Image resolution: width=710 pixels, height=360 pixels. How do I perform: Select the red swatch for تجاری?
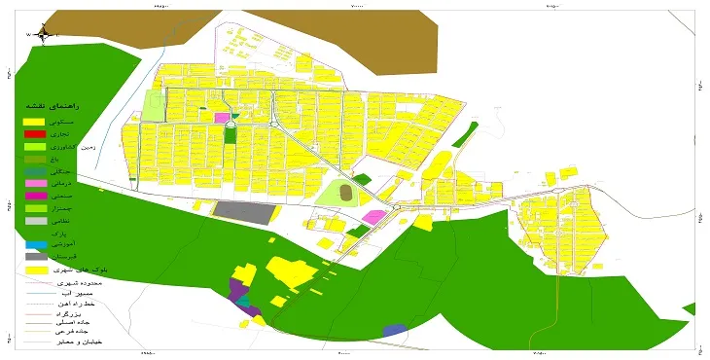(35, 133)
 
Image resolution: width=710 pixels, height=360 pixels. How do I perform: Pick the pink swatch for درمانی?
(35, 183)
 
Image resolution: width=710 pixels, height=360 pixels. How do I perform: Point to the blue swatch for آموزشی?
(35, 244)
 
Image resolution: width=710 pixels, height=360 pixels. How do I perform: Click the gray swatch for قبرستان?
(35, 256)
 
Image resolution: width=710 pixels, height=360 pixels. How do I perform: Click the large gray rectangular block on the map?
(244, 211)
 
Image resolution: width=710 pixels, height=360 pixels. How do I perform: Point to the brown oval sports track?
(346, 193)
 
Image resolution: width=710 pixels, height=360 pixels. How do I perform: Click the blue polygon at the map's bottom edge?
(394, 331)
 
